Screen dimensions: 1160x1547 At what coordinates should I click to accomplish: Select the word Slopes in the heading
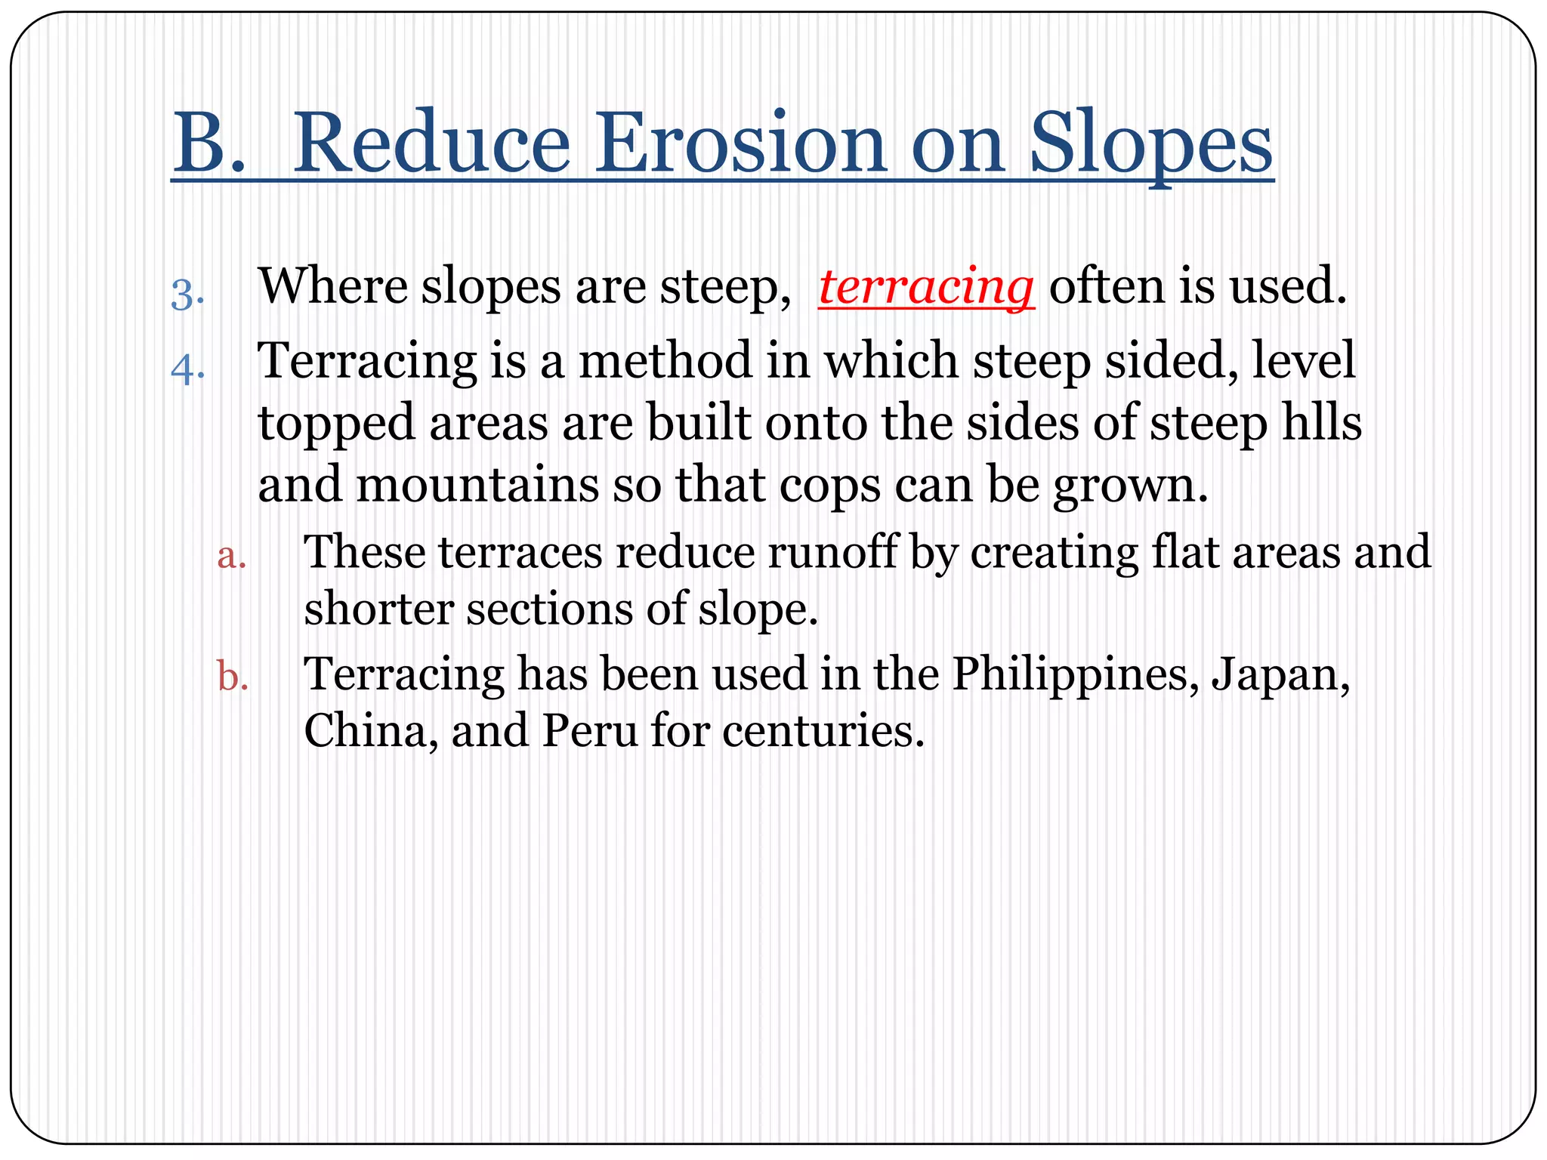1151,143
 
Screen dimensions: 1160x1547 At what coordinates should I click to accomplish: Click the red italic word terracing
926,287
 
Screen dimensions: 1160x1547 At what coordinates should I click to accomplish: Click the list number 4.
187,369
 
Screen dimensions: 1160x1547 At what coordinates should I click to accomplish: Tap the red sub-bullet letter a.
231,557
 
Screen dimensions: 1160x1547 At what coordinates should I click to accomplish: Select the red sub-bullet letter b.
232,677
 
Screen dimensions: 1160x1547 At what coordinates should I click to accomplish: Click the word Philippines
1073,674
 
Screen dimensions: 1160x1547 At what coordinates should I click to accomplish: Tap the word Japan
1280,674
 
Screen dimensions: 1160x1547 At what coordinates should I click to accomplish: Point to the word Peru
589,731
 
